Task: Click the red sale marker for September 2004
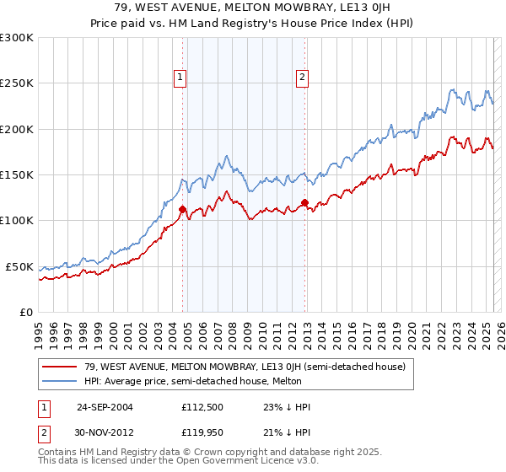coord(183,209)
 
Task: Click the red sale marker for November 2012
coord(304,202)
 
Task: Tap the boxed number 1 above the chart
coord(180,78)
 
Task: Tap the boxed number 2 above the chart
coord(302,78)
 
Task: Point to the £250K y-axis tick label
coord(17,83)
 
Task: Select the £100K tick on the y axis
coord(17,221)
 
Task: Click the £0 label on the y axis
coord(25,312)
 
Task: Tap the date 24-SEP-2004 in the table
coord(105,407)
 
